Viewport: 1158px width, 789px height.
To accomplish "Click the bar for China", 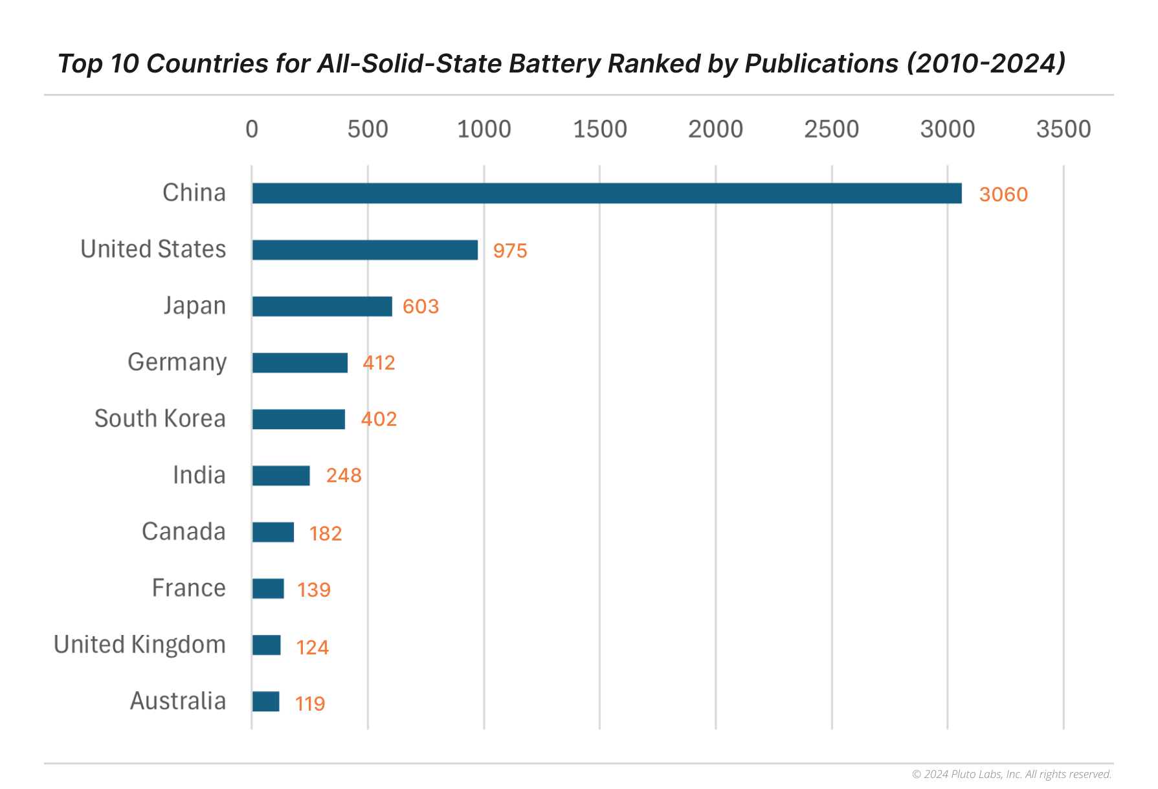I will pyautogui.click(x=607, y=194).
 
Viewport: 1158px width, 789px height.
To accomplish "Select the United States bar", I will pyautogui.click(x=365, y=250).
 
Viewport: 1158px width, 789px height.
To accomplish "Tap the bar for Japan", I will pyautogui.click(x=322, y=306).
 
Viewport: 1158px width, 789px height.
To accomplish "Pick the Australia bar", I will pyautogui.click(x=265, y=702).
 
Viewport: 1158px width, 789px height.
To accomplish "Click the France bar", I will pyautogui.click(x=268, y=588).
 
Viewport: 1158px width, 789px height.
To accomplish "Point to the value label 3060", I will pyautogui.click(x=1003, y=195).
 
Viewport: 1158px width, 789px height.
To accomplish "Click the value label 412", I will pyautogui.click(x=379, y=362).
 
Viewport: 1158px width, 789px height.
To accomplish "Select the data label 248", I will pyautogui.click(x=344, y=476).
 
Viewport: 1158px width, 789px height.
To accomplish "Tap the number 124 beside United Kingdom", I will pyautogui.click(x=312, y=647).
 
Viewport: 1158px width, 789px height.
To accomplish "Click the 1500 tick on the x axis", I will pyautogui.click(x=599, y=129).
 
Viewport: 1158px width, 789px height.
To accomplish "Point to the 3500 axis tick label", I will pyautogui.click(x=1063, y=129).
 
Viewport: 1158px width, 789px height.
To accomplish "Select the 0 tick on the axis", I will pyautogui.click(x=252, y=129).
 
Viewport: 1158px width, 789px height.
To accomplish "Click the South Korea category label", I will pyautogui.click(x=160, y=419).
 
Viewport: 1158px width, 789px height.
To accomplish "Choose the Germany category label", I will pyautogui.click(x=177, y=362).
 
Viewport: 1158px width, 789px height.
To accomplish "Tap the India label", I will pyautogui.click(x=199, y=476).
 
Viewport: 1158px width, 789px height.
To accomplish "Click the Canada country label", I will pyautogui.click(x=183, y=532).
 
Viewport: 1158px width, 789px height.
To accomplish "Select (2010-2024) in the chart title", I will pyautogui.click(x=985, y=64).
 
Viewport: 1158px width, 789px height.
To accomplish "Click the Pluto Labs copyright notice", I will pyautogui.click(x=1011, y=774).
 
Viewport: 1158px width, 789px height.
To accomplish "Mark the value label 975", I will pyautogui.click(x=510, y=251).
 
